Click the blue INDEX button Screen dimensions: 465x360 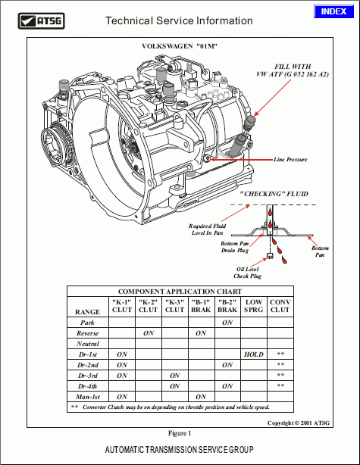coord(333,11)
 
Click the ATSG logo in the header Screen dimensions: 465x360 coord(46,21)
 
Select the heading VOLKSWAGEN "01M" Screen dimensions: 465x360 coord(180,47)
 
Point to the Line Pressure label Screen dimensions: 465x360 coord(290,160)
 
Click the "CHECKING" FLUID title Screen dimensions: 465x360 coord(274,195)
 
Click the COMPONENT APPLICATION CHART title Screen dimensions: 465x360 coord(180,291)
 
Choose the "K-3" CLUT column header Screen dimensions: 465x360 coord(174,306)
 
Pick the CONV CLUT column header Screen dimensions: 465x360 coord(280,306)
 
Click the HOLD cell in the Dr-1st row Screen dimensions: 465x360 coord(254,354)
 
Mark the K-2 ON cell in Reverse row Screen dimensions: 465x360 coord(149,332)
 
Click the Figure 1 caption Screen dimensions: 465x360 coord(180,433)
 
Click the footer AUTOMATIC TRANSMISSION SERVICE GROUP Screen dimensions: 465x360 coord(180,450)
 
